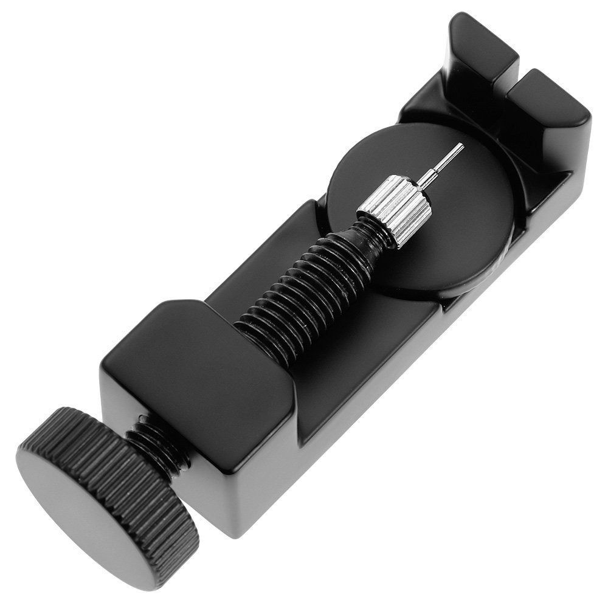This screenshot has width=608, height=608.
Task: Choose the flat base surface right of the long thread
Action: pyautogui.click(x=377, y=340)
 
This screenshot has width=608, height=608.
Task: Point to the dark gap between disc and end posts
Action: pyautogui.click(x=505, y=158)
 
